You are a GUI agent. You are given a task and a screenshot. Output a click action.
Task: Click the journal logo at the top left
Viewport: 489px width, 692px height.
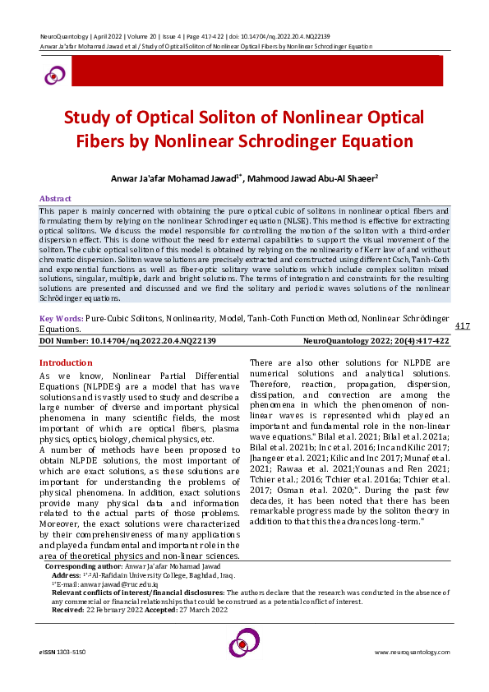click(54, 75)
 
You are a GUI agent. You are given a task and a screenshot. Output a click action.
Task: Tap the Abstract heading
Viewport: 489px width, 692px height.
click(56, 199)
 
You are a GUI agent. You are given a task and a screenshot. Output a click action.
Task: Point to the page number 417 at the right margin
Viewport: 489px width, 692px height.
click(462, 326)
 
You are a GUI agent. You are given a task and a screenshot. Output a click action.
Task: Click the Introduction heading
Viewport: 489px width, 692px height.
click(67, 362)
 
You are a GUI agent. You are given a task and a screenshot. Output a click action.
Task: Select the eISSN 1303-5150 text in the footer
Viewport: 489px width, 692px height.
click(62, 652)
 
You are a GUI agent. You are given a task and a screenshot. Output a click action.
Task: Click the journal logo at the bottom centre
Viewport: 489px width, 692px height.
click(244, 642)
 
